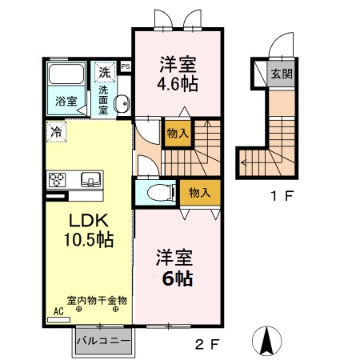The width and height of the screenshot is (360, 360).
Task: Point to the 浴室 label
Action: click(66, 102)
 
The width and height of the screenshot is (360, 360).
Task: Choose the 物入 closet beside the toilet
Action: click(198, 192)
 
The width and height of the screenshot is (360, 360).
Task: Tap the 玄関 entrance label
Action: click(281, 74)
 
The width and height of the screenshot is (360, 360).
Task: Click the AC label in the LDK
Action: click(58, 311)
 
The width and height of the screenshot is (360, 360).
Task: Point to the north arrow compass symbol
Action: click(266, 342)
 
